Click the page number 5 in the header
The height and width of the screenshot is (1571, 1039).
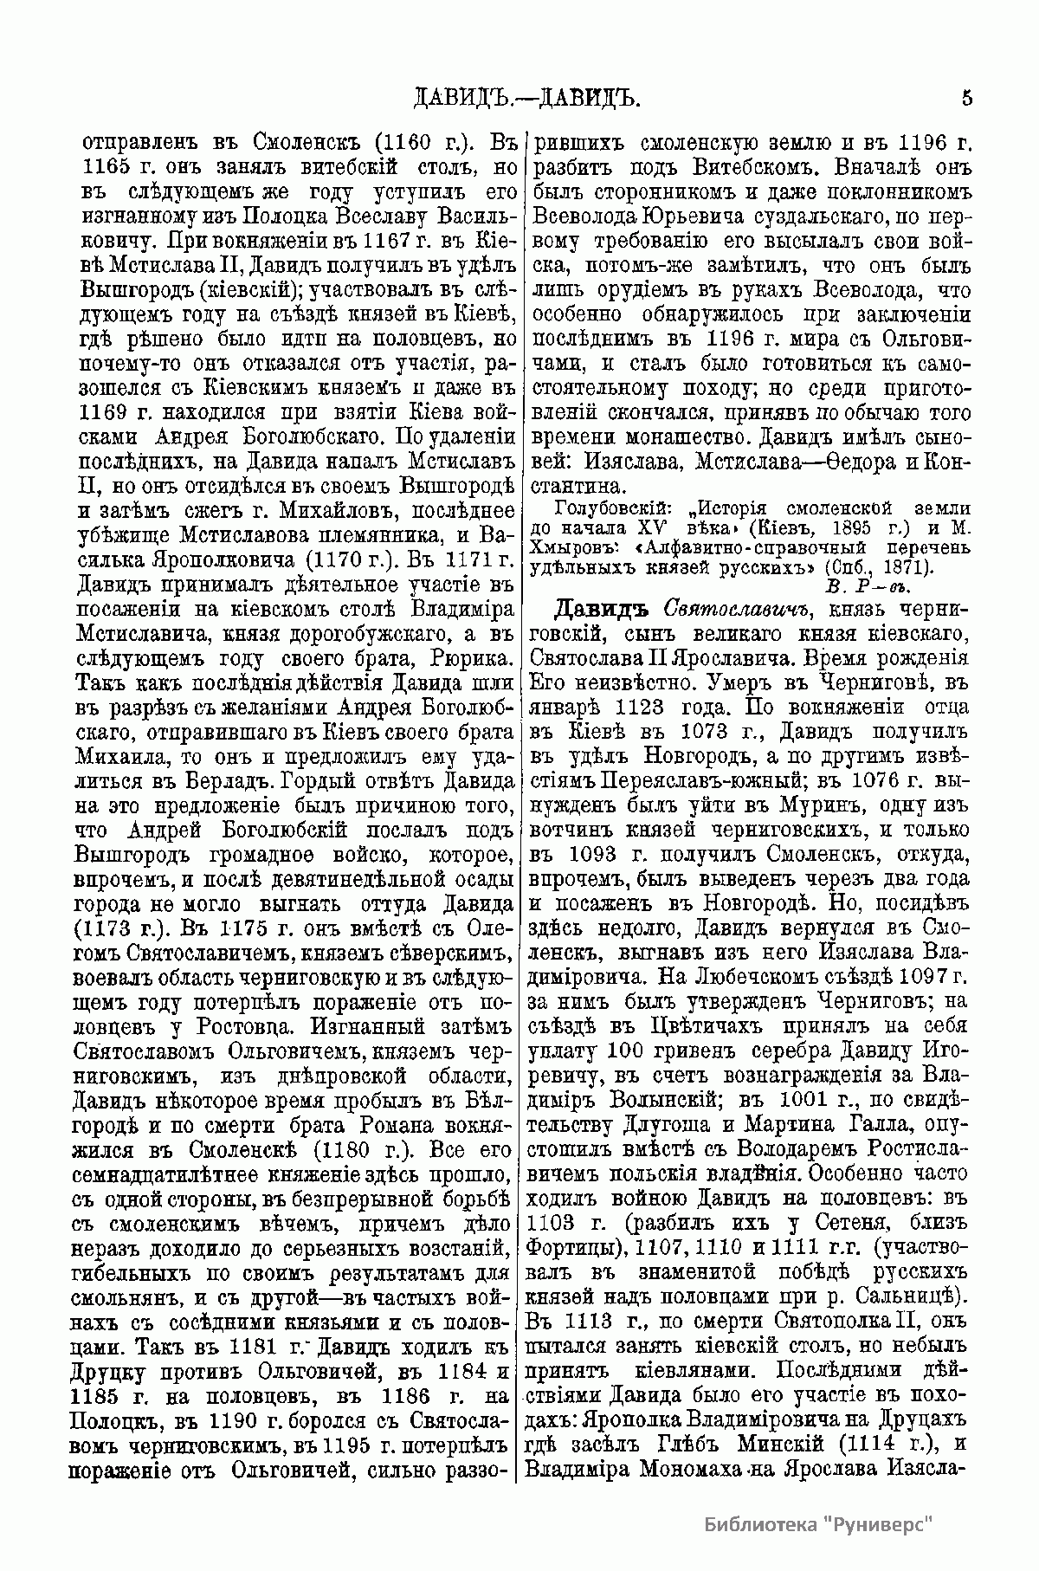pos(966,98)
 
